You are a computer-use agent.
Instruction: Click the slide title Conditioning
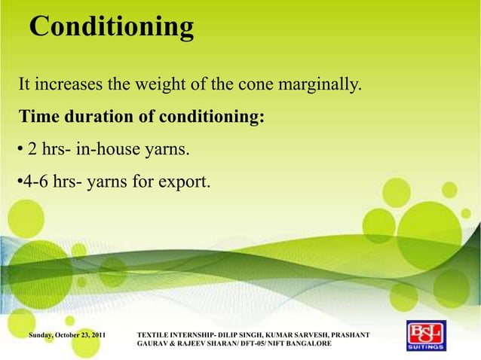(x=112, y=27)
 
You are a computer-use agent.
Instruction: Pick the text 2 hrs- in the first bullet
(x=50, y=151)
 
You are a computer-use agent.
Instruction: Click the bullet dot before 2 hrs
(x=20, y=151)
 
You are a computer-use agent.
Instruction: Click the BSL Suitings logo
(x=426, y=336)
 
